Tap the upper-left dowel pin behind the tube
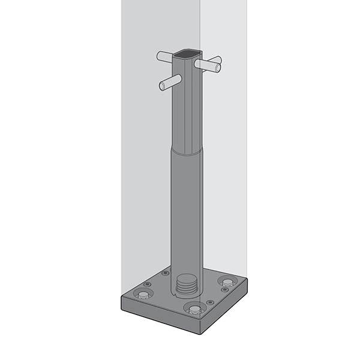pyautogui.click(x=164, y=57)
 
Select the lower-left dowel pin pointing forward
pyautogui.click(x=170, y=83)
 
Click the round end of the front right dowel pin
pyautogui.click(x=217, y=68)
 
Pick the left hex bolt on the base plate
pyautogui.click(x=143, y=294)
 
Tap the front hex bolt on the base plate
pyautogui.click(x=194, y=309)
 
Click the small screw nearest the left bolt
pyautogui.click(x=148, y=284)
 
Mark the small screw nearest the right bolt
pyautogui.click(x=225, y=290)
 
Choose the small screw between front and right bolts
pyautogui.click(x=210, y=302)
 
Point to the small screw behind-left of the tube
pyautogui.click(x=166, y=273)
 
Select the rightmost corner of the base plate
pyautogui.click(x=247, y=284)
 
